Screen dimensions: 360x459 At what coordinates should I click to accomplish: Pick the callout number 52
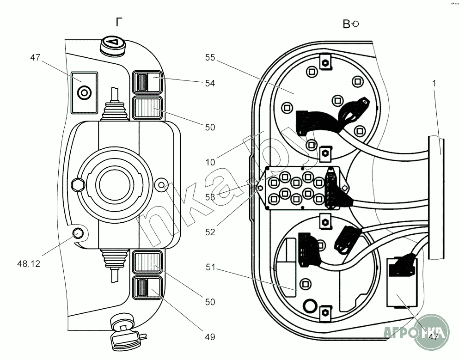pyautogui.click(x=210, y=232)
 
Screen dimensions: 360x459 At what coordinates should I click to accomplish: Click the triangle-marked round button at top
pyautogui.click(x=113, y=44)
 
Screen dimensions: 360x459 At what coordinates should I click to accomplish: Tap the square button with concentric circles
pyautogui.click(x=84, y=93)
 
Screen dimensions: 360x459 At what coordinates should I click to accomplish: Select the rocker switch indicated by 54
pyautogui.click(x=147, y=83)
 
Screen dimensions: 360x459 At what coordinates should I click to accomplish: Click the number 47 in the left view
pyautogui.click(x=35, y=58)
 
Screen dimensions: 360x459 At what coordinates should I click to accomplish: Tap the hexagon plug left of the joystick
pyautogui.click(x=77, y=185)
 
